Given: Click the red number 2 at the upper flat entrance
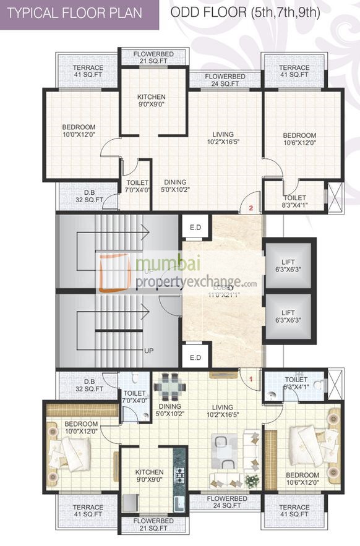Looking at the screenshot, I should pos(251,208).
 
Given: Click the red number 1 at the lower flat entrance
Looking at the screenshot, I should pos(251,377).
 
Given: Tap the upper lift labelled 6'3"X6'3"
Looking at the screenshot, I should pos(287,265).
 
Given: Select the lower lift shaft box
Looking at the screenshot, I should pos(287,316).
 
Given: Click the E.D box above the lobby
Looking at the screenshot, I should pos(195,227).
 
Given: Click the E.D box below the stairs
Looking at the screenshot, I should pos(195,357).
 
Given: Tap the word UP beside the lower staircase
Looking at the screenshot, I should pos(148,350).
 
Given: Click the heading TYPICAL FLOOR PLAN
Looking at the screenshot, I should pos(76,13).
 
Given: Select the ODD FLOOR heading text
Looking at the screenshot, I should pos(245,12).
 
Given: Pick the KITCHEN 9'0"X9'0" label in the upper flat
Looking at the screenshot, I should pos(152,101).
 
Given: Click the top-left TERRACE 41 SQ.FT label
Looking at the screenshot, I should pos(88,71).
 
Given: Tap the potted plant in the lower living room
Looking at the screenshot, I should pos(252,480).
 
